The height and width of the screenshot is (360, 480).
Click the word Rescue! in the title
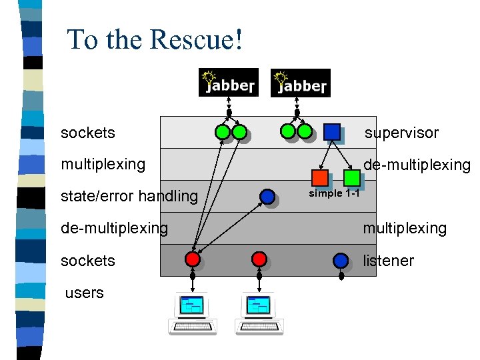(197, 39)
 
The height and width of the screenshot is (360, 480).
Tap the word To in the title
(82, 39)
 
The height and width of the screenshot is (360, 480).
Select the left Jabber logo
(228, 83)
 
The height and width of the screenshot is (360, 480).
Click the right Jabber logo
(300, 83)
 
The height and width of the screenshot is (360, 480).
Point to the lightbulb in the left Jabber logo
(211, 77)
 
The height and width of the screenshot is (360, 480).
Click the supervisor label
(401, 133)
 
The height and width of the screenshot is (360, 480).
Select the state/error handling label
(129, 196)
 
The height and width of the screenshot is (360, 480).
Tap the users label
(85, 293)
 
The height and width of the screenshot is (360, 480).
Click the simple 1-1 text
(334, 193)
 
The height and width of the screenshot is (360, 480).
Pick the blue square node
(331, 132)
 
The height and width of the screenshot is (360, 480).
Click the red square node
(320, 178)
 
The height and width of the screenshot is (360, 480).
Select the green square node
(351, 178)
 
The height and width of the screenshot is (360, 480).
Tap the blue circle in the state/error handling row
(267, 196)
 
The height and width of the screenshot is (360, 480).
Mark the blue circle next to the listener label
(341, 260)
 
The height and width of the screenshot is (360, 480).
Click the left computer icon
(193, 312)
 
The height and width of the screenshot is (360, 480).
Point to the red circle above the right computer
(259, 259)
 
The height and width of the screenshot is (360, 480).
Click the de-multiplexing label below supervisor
(416, 165)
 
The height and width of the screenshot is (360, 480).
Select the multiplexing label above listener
(404, 228)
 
